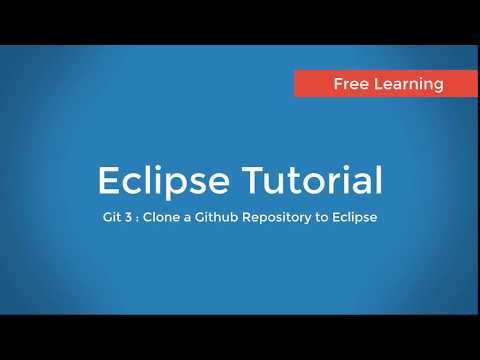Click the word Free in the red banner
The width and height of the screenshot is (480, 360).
click(x=351, y=84)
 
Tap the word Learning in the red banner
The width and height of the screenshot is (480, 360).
click(x=407, y=84)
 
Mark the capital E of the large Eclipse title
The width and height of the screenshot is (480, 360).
click(x=108, y=181)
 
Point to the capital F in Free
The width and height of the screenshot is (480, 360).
click(x=338, y=84)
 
